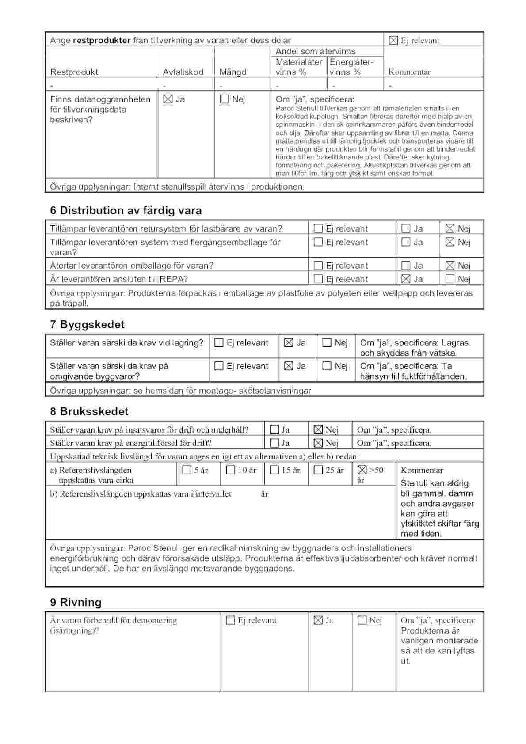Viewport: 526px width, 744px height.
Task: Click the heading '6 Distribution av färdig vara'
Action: (x=126, y=210)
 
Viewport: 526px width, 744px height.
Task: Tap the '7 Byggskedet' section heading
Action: (x=87, y=324)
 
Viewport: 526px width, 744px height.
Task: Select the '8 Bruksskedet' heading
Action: (x=89, y=411)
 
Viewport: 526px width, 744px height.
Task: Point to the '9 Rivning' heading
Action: (x=76, y=602)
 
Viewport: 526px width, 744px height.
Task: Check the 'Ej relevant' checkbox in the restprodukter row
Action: (x=393, y=40)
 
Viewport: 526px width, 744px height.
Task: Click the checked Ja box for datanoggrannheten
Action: (x=168, y=99)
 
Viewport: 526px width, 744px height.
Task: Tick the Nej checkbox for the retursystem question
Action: (x=450, y=228)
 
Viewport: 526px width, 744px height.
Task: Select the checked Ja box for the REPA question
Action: (x=406, y=279)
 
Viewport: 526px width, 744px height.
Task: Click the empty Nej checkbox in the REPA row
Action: (x=450, y=279)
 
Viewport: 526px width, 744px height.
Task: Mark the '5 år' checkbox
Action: (x=187, y=470)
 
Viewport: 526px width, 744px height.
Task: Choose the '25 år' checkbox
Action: (x=318, y=470)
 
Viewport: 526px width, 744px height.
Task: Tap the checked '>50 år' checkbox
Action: (x=362, y=470)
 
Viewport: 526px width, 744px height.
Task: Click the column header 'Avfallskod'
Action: (x=183, y=72)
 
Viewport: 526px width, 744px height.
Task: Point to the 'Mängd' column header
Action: (x=233, y=72)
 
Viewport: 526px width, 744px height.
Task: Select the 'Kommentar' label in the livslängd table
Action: (x=421, y=470)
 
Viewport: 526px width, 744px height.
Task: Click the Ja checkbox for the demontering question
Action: (x=318, y=620)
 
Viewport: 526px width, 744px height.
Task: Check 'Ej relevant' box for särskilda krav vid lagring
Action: (x=218, y=342)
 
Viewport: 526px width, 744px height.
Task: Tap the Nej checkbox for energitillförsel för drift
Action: (x=318, y=443)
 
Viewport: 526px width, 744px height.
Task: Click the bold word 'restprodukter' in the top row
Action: (x=101, y=40)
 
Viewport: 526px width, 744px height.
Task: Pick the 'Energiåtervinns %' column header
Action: (x=351, y=67)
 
